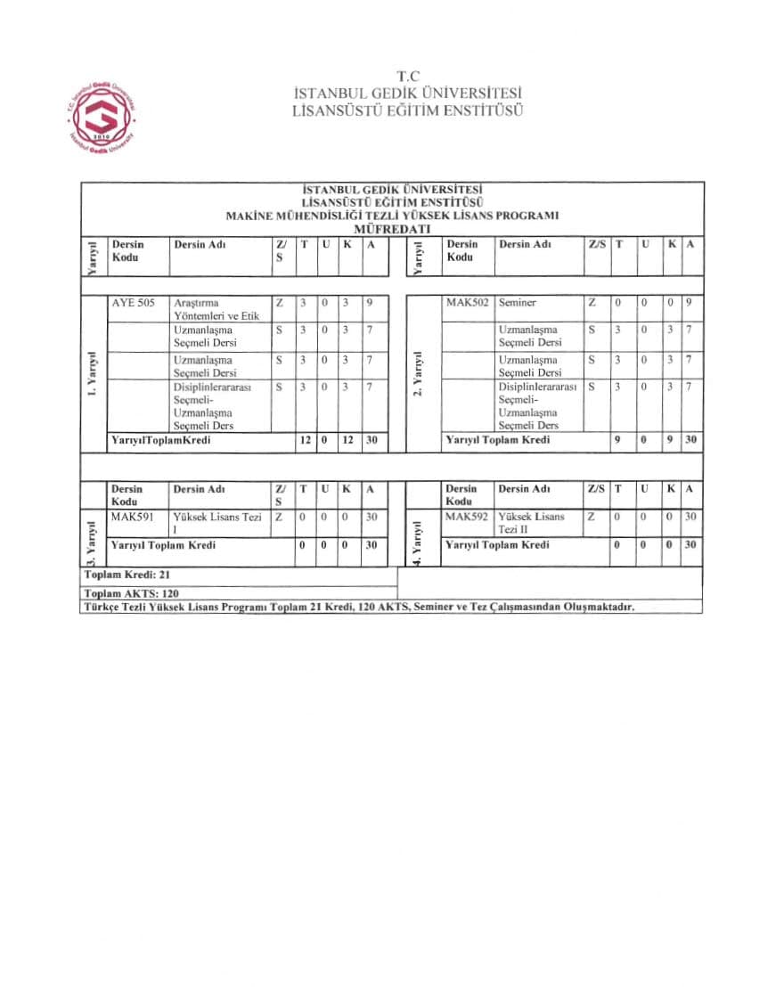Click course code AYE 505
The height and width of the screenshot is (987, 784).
click(134, 303)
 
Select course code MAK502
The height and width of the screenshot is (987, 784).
click(468, 303)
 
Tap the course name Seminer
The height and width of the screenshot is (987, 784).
click(518, 303)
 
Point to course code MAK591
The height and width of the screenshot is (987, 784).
click(132, 517)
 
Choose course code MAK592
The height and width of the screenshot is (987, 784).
click(468, 517)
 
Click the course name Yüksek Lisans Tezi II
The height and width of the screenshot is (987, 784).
click(531, 523)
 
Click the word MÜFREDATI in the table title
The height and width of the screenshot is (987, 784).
click(392, 229)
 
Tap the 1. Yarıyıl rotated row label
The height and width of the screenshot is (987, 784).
click(93, 375)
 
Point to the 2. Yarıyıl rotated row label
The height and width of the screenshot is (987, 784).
click(416, 375)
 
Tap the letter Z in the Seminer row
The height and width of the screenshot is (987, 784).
click(592, 303)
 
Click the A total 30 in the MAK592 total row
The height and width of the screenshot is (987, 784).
click(690, 544)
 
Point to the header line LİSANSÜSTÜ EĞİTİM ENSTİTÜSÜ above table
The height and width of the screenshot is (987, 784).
click(407, 111)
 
